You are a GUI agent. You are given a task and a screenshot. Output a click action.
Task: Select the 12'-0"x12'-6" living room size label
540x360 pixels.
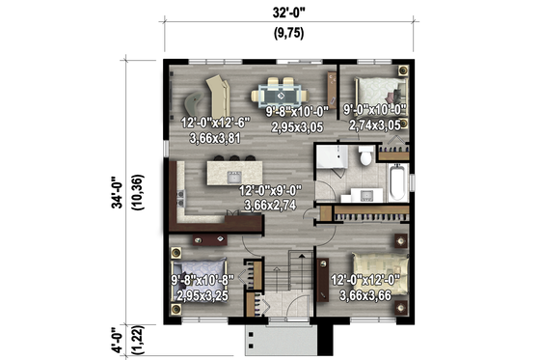215,123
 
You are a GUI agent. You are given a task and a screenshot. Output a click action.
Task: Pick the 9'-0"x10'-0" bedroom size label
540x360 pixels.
375,111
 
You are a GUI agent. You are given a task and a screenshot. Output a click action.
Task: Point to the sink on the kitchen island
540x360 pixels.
232,175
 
